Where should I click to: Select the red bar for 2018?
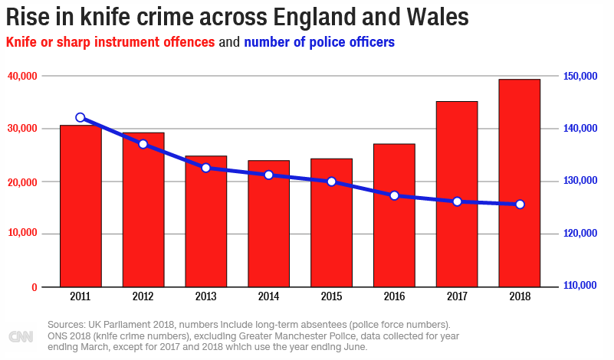point(520,183)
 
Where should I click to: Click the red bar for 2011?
point(80,206)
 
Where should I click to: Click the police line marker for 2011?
point(80,117)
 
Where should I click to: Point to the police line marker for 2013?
point(206,168)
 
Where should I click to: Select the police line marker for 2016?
point(395,195)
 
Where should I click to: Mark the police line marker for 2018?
point(520,205)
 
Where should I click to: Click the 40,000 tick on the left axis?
point(22,76)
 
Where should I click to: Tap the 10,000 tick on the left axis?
point(22,234)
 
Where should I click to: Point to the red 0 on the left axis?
point(34,287)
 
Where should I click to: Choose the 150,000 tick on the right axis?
point(580,76)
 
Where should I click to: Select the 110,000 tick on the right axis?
point(580,286)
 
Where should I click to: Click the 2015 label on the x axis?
point(331,296)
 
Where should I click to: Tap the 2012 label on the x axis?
point(143,296)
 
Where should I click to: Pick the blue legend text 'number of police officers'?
point(319,41)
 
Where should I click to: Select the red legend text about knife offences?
point(110,41)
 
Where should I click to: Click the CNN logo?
point(21,336)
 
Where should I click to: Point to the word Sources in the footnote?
point(64,324)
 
